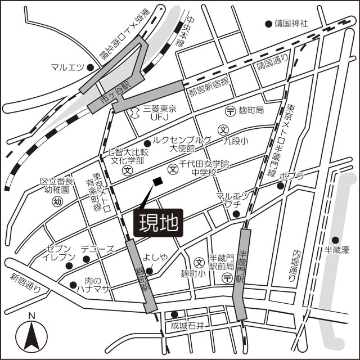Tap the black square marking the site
pos(157,181)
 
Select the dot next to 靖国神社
pos(268,24)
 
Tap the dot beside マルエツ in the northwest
pos(89,67)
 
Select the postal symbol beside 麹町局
pos(229,111)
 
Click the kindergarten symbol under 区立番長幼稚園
pos(57,201)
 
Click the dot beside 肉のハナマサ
pos(73,285)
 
